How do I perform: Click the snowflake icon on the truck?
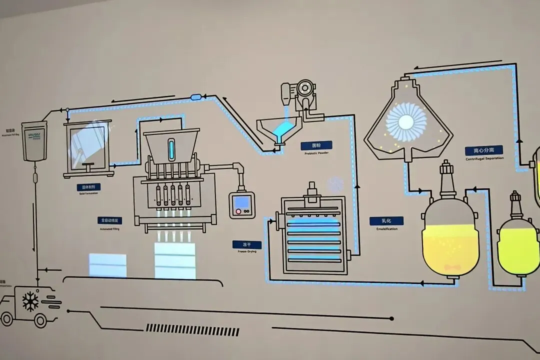point(30,301)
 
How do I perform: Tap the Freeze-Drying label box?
point(246,245)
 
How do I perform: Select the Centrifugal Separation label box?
point(484,150)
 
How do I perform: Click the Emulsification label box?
point(386,220)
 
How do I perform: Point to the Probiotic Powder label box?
point(316,145)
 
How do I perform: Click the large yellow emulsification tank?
point(450,240)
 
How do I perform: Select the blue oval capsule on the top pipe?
point(195,96)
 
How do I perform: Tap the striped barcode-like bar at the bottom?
point(192,330)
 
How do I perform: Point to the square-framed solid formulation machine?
point(88,149)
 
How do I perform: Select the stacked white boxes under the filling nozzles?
point(174,260)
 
